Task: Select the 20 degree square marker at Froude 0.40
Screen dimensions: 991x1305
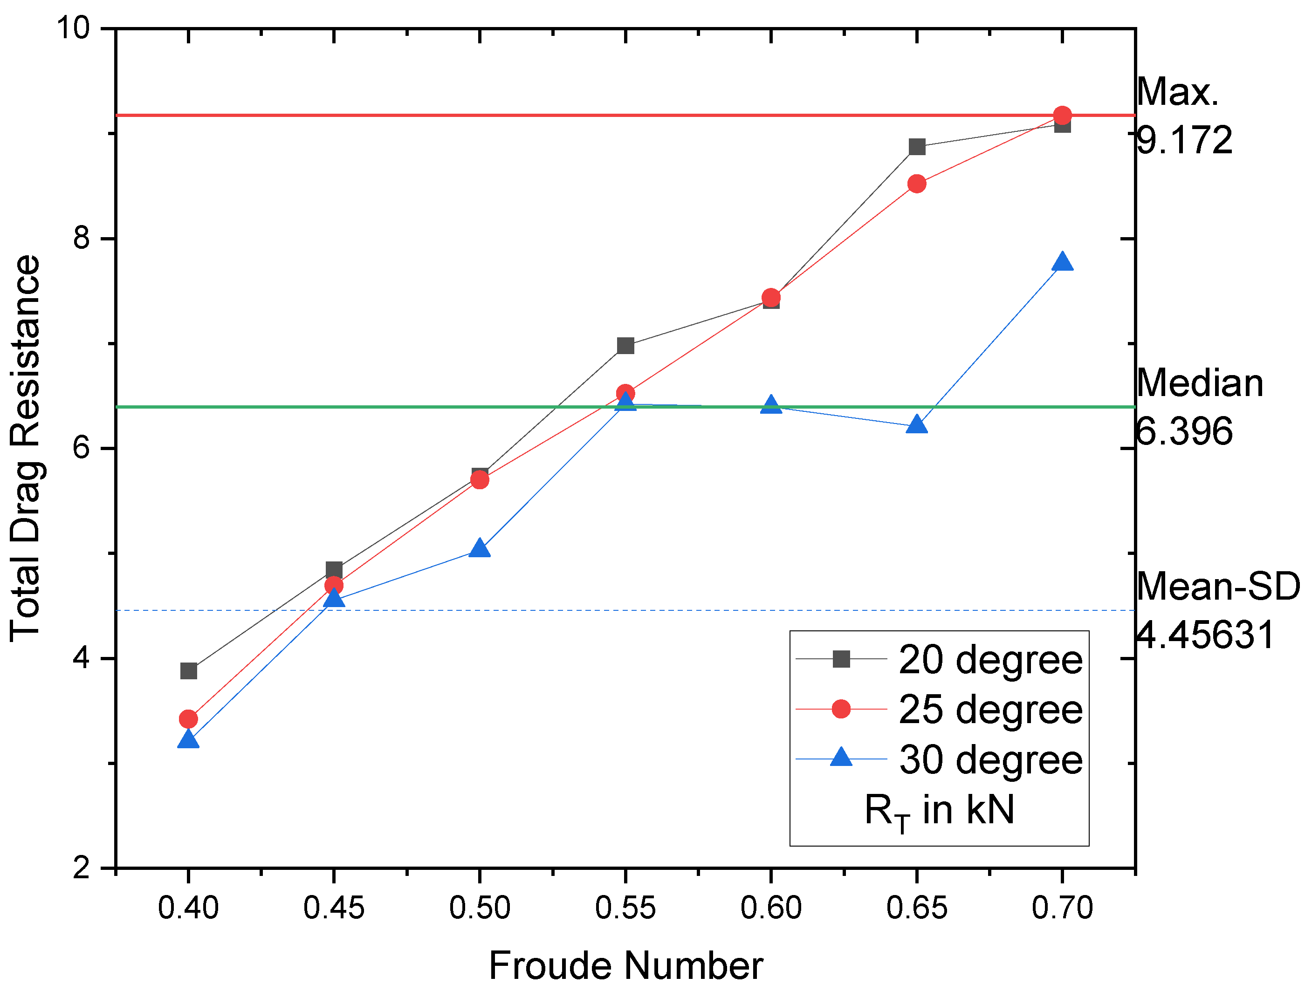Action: tap(188, 671)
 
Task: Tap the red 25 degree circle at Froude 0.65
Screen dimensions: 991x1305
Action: tap(916, 184)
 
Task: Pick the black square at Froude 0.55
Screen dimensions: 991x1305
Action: tap(625, 346)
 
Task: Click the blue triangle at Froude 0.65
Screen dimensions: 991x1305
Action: tap(916, 425)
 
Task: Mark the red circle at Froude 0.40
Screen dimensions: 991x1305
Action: tap(188, 719)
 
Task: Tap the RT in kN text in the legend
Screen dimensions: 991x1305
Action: tap(939, 811)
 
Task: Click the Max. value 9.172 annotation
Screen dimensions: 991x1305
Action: tap(1184, 140)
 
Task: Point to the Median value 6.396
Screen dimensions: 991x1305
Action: tap(1184, 431)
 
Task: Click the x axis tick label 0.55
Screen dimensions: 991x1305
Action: tap(625, 908)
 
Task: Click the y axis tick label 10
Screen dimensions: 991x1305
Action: tap(73, 28)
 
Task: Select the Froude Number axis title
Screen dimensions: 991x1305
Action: tap(625, 966)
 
